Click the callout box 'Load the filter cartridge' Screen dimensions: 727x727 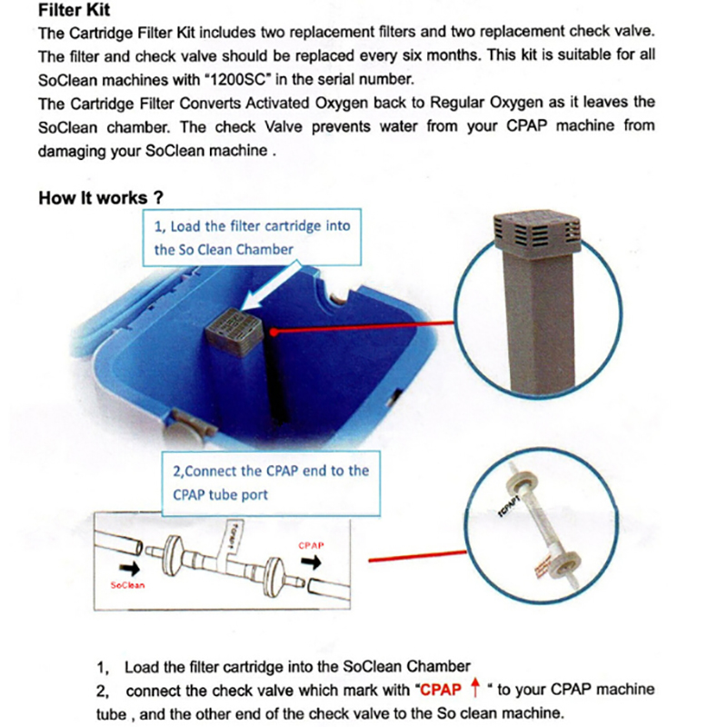click(x=252, y=236)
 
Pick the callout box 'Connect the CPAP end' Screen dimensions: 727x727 click(x=269, y=483)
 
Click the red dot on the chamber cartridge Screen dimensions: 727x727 click(x=272, y=333)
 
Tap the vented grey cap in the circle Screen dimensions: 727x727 click(x=535, y=233)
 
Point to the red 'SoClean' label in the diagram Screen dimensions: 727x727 click(x=127, y=585)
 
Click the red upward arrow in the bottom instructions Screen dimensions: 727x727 click(x=473, y=689)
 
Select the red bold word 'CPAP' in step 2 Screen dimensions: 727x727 click(x=442, y=690)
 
